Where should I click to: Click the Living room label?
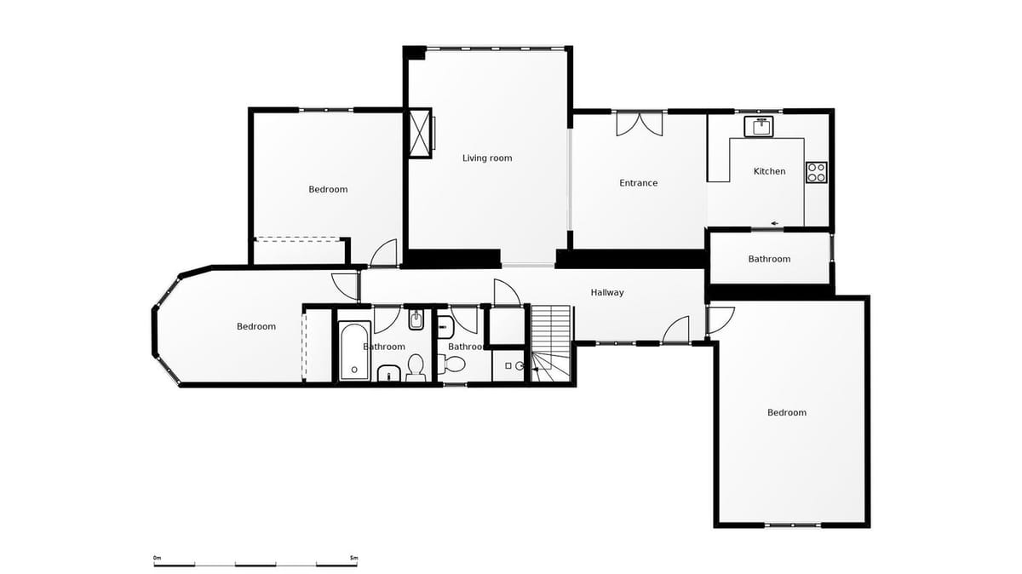[x=487, y=158]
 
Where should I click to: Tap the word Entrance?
[x=638, y=183]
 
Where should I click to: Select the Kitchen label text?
[x=769, y=171]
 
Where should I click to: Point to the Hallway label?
[x=607, y=292]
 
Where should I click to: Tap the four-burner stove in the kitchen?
[x=816, y=172]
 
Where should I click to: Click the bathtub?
[x=354, y=350]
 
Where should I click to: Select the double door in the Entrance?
[x=639, y=123]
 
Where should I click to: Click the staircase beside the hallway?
[x=551, y=341]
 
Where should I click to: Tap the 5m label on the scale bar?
[x=353, y=558]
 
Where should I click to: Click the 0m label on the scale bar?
[x=157, y=558]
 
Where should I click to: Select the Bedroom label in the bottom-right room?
[x=786, y=412]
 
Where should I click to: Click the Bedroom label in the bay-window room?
[x=255, y=326]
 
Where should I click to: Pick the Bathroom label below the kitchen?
[x=769, y=259]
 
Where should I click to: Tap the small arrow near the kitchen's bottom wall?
[x=775, y=224]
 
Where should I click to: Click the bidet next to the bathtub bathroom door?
[x=416, y=321]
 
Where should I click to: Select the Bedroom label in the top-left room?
[x=328, y=189]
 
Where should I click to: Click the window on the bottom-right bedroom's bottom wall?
[x=793, y=525]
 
